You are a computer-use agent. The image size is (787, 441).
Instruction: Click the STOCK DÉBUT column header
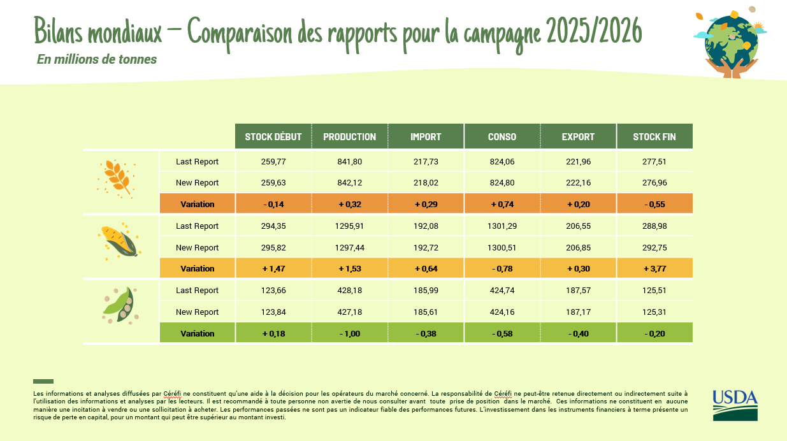pyautogui.click(x=273, y=137)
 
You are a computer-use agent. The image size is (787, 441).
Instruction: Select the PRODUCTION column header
pyautogui.click(x=349, y=137)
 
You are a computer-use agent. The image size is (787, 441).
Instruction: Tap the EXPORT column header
pyautogui.click(x=578, y=137)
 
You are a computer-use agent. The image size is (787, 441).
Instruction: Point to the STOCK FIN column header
pyautogui.click(x=654, y=137)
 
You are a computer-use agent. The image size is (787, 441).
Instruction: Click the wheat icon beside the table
pyautogui.click(x=117, y=177)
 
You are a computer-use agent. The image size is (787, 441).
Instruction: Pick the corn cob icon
pyautogui.click(x=119, y=241)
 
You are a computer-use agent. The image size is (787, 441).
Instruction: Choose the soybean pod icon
pyautogui.click(x=120, y=305)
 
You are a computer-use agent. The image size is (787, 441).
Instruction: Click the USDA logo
pyautogui.click(x=735, y=405)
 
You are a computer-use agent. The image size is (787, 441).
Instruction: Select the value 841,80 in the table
pyautogui.click(x=349, y=162)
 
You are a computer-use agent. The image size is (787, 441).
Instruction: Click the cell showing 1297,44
pyautogui.click(x=349, y=248)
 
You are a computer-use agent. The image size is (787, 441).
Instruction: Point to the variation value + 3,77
pyautogui.click(x=654, y=269)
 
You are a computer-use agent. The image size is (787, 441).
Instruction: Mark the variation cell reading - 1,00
pyautogui.click(x=349, y=334)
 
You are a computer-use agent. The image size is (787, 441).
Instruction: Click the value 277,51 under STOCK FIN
pyautogui.click(x=654, y=162)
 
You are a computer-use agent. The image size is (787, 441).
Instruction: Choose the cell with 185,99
pyautogui.click(x=426, y=291)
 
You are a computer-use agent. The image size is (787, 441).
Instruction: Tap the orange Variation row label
pyautogui.click(x=198, y=205)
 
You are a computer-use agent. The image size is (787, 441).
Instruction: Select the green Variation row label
pyautogui.click(x=198, y=334)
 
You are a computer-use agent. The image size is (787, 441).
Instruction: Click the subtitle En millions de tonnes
pyautogui.click(x=97, y=59)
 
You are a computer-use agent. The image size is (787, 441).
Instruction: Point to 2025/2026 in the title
pyautogui.click(x=593, y=32)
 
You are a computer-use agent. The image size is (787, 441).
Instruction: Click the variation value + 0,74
pyautogui.click(x=502, y=205)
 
